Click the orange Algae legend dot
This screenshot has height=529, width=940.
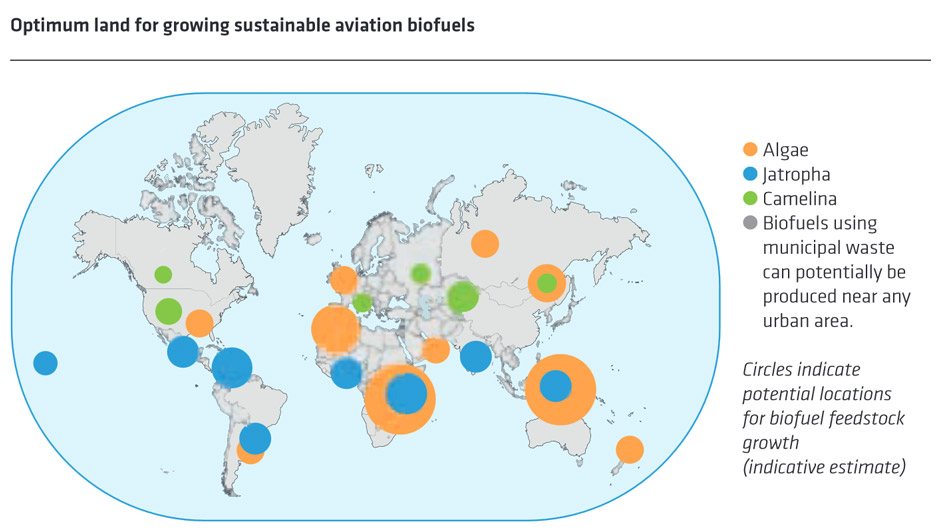tap(750, 150)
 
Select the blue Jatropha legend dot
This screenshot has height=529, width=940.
tap(750, 175)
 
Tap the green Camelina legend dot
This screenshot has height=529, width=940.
tap(750, 199)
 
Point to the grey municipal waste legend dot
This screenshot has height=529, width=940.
tap(750, 223)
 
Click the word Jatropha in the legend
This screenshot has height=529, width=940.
tap(796, 175)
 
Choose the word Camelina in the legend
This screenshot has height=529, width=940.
tap(800, 199)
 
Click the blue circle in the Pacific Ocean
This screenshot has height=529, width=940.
tap(45, 363)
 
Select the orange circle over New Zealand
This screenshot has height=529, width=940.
tap(629, 450)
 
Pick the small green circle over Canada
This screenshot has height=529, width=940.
tap(163, 274)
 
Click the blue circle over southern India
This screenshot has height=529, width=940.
tap(476, 355)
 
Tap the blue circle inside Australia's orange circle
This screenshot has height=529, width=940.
tap(555, 386)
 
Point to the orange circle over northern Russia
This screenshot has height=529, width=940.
tap(485, 243)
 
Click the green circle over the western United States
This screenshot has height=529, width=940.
tap(168, 311)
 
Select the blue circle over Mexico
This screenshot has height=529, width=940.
tap(183, 351)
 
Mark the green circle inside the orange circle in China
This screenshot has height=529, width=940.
tap(546, 284)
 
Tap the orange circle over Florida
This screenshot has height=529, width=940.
tap(200, 323)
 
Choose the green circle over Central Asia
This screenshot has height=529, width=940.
tap(462, 297)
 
